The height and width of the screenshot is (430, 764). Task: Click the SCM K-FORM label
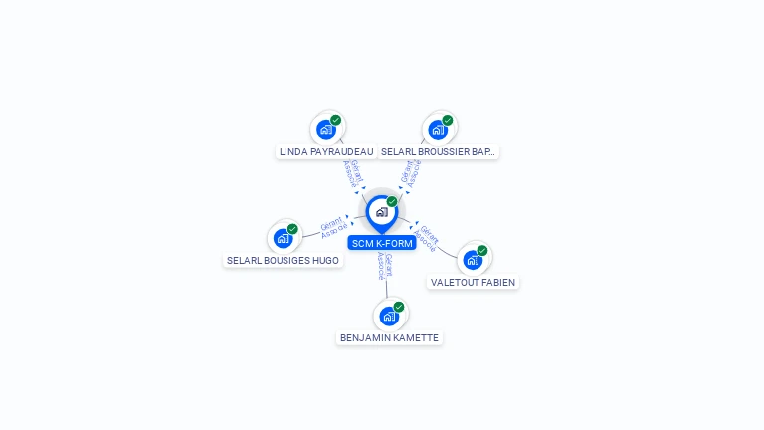[x=382, y=243]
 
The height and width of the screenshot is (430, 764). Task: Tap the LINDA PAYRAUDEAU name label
[x=326, y=152]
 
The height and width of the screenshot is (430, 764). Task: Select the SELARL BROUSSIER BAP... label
[x=438, y=152]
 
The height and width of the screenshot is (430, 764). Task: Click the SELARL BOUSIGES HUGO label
[x=283, y=261]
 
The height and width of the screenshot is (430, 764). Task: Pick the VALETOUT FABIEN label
[x=473, y=282]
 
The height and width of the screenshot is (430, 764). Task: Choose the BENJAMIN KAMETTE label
[x=389, y=338]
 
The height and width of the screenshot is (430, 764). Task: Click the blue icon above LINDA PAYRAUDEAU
[x=325, y=129]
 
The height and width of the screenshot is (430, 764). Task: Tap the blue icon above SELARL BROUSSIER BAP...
[x=437, y=129]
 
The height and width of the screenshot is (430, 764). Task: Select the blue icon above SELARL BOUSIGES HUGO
[x=283, y=238]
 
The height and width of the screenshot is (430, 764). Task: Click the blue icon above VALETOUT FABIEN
[x=473, y=259]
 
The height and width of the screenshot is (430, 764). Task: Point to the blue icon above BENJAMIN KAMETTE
[x=389, y=316]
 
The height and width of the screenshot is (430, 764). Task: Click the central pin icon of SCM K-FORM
[x=381, y=212]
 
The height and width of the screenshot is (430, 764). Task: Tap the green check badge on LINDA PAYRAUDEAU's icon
[x=336, y=120]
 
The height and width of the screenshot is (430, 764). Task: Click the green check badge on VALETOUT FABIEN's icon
[x=482, y=250]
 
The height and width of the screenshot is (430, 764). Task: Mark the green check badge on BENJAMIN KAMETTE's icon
[x=399, y=307]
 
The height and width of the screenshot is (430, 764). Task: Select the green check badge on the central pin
[x=392, y=201]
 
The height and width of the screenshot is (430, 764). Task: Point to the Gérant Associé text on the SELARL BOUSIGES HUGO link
[x=333, y=227]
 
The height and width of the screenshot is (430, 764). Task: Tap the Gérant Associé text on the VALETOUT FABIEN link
[x=427, y=238]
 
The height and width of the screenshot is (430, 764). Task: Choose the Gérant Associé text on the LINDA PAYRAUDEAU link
[x=350, y=173]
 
